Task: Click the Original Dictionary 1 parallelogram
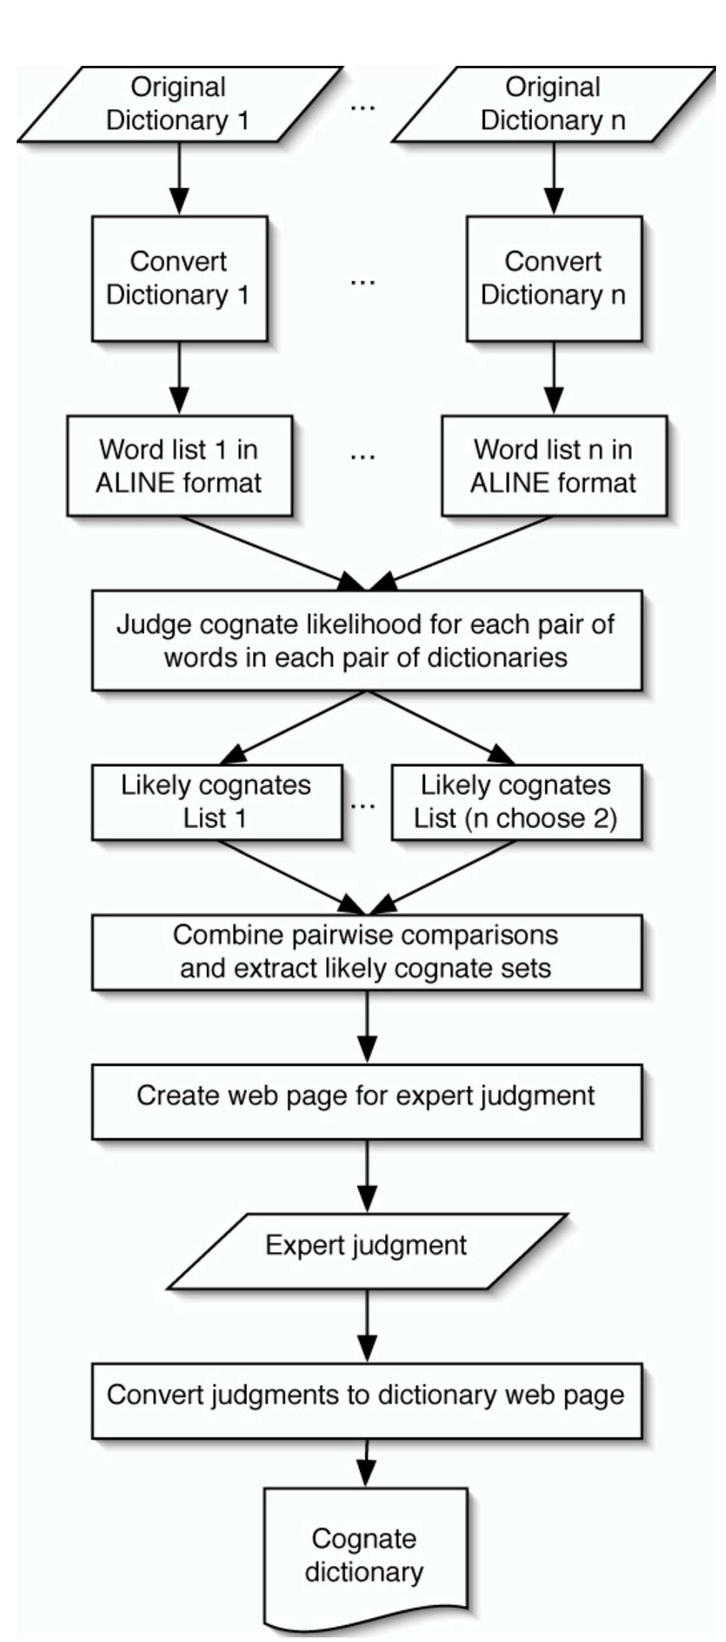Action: (x=178, y=104)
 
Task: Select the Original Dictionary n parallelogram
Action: (x=553, y=104)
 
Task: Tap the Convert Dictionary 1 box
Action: (x=179, y=278)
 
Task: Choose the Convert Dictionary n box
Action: (x=554, y=278)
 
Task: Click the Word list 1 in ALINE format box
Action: (x=179, y=466)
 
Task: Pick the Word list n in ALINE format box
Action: (x=554, y=466)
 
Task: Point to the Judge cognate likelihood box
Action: (x=366, y=640)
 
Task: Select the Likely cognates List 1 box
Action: (x=216, y=801)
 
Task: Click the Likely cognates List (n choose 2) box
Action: (x=516, y=801)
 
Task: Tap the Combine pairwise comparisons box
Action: (x=366, y=952)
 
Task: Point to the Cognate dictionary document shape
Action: (x=365, y=1556)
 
